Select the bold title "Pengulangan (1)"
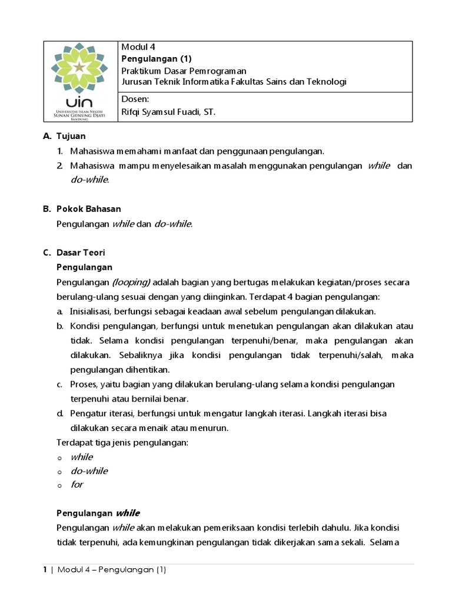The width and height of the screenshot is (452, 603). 156,58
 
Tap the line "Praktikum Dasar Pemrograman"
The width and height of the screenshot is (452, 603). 183,70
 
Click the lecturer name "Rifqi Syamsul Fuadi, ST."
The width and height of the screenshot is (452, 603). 168,111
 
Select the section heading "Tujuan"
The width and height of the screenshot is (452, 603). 71,136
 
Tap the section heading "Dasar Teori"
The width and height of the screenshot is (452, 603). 81,253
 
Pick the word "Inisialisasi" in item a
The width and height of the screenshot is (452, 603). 90,311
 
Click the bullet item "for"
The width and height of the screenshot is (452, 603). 77,485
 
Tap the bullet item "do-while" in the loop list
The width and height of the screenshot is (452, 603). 89,471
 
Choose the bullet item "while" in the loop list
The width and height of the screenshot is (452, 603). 82,456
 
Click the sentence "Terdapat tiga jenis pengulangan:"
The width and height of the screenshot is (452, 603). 122,442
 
